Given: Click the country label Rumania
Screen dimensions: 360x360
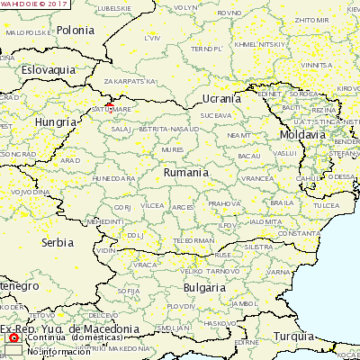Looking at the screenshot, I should pyautogui.click(x=186, y=172).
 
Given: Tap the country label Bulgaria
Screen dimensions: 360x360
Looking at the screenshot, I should pyautogui.click(x=204, y=287).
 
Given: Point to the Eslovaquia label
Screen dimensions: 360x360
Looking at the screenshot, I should pyautogui.click(x=49, y=69).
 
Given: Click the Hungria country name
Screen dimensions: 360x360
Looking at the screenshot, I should pyautogui.click(x=55, y=121).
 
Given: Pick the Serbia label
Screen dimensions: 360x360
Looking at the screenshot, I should pyautogui.click(x=57, y=242).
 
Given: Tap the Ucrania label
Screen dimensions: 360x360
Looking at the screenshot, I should pyautogui.click(x=221, y=98).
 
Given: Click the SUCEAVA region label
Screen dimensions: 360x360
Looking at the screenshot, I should pyautogui.click(x=215, y=115).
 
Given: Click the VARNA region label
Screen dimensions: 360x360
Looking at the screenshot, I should pyautogui.click(x=278, y=271).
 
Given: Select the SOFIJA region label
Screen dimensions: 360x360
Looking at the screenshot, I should pyautogui.click(x=129, y=292).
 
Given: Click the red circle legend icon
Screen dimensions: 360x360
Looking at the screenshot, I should pyautogui.click(x=13, y=337).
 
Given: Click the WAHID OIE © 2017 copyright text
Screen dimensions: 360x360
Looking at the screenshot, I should pyautogui.click(x=34, y=4).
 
